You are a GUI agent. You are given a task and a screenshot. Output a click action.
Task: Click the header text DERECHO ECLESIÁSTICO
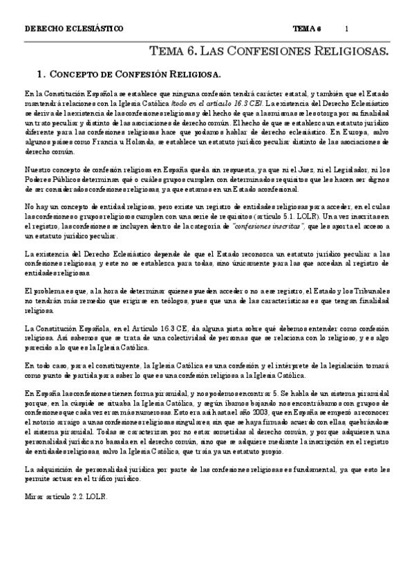pos(73,28)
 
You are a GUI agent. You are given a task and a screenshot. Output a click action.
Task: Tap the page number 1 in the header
pos(347,28)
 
